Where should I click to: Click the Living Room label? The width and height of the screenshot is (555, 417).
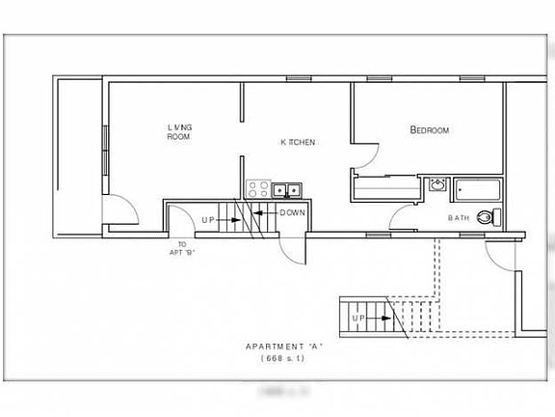178,132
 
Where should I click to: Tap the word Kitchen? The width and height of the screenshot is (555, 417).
299,142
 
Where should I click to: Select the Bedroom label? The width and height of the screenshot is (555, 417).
430,130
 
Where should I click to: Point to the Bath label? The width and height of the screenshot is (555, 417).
460,218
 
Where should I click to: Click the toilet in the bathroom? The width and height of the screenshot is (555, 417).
496,216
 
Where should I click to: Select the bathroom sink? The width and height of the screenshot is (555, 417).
437,184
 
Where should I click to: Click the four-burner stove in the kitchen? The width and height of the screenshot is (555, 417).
257,189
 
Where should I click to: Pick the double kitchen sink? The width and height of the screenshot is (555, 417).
288,189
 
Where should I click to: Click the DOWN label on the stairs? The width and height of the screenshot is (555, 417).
293,212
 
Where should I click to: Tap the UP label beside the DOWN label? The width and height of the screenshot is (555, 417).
208,220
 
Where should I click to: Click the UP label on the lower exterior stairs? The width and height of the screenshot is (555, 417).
358,317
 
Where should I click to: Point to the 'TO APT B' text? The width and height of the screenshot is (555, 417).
181,248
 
